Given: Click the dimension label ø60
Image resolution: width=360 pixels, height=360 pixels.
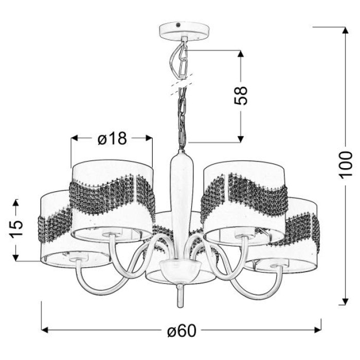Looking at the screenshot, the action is click(x=182, y=331).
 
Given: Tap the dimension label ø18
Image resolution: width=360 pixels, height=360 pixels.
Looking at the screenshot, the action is click(x=112, y=138).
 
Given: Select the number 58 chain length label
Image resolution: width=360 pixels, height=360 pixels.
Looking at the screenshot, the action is click(x=241, y=96).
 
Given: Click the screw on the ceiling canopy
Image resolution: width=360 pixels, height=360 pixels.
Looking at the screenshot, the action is click(x=178, y=25).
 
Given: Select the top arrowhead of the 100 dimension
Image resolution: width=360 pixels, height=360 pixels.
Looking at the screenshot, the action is click(x=345, y=31).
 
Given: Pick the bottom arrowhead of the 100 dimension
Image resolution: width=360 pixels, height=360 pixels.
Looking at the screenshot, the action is click(x=345, y=301).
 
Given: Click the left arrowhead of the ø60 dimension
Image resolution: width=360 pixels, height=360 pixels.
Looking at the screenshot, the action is click(x=45, y=330).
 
